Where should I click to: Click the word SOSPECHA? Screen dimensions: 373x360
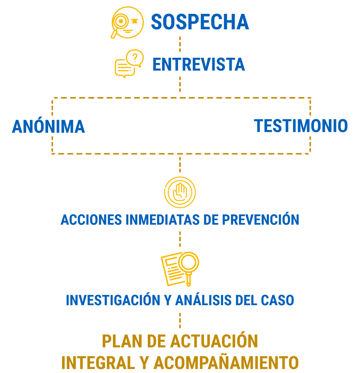200,22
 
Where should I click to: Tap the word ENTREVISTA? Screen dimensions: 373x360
198,65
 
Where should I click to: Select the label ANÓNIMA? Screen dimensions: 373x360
48,127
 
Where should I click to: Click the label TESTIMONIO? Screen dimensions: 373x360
301,126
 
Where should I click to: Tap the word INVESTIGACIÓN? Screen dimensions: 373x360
113,300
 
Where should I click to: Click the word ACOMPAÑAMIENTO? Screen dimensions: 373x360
226,363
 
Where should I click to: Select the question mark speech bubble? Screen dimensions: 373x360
134,58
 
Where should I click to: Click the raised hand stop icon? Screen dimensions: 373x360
180,192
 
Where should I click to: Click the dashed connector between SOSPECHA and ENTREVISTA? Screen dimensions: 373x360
180,44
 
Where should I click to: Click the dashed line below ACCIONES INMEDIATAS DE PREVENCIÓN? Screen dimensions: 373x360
180,238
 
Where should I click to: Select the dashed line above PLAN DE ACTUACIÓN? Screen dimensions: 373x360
180,321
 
